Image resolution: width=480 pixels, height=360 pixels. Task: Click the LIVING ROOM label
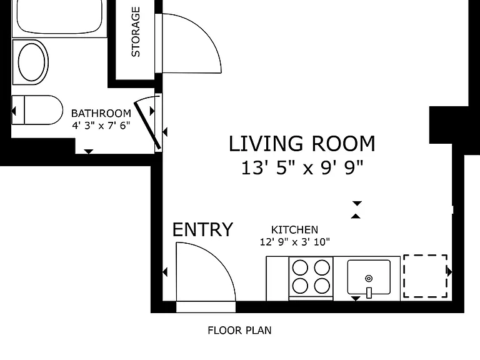(x=302, y=144)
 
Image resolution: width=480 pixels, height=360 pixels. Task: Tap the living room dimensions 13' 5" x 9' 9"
(x=302, y=167)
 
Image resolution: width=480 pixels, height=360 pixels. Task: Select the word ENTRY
(x=202, y=229)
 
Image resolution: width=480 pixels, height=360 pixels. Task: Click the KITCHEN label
(x=294, y=229)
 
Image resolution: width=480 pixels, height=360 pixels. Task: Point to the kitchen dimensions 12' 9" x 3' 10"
(x=295, y=242)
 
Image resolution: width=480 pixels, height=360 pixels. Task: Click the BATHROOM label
(x=101, y=113)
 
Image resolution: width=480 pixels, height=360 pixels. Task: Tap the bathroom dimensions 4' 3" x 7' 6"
(x=101, y=125)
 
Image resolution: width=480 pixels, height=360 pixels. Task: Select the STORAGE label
(x=135, y=32)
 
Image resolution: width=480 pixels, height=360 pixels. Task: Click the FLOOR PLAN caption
(x=239, y=330)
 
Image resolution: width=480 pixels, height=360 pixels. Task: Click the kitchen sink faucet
(x=369, y=292)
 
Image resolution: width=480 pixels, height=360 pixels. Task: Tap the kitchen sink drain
(x=369, y=279)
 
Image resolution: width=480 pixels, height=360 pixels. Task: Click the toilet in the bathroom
(x=37, y=110)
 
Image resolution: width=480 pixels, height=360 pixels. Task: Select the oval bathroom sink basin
(x=31, y=62)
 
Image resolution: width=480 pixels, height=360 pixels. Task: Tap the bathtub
(x=59, y=17)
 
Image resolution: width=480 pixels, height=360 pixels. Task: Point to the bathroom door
(x=147, y=125)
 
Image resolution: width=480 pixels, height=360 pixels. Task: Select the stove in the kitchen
(x=311, y=278)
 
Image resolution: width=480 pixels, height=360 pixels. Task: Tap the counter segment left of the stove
(x=277, y=279)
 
